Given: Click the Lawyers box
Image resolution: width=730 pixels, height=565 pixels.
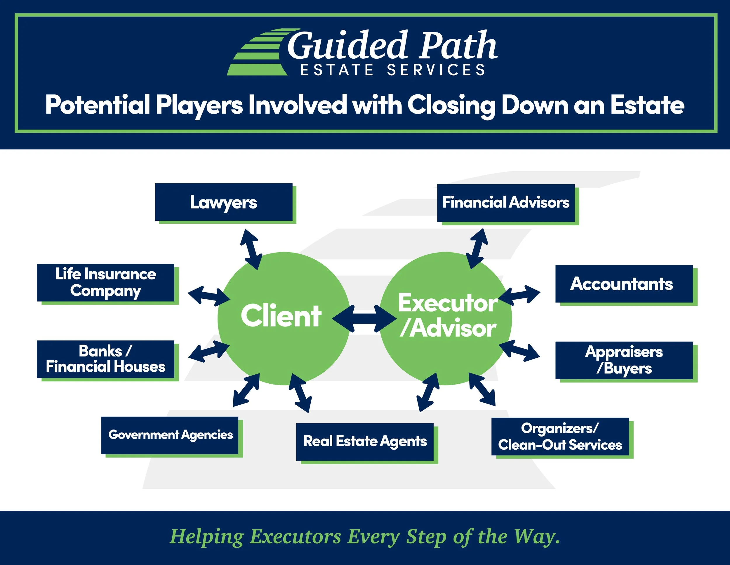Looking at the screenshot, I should pos(223,202).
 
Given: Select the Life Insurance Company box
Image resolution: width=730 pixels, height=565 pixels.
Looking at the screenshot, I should pos(106,283).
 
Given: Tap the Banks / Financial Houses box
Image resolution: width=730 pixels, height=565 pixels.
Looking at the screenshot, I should pos(106,359).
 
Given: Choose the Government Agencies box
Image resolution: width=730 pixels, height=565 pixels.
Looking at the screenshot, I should pos(170,435).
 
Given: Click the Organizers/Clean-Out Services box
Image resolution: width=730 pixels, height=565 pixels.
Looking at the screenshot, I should pos(560,436).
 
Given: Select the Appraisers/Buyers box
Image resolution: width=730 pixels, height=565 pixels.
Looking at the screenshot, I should pos(624,360).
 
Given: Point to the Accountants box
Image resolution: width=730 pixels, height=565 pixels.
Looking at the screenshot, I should pos(624,284).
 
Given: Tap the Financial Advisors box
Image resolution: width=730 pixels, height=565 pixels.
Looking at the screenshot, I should pos(506,203).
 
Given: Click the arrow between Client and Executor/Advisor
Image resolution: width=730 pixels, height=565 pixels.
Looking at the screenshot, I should pos(365,319).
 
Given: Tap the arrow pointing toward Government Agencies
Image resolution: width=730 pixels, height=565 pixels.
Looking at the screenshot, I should pos(246,390).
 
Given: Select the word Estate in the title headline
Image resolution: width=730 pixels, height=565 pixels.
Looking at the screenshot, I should pos(647,105).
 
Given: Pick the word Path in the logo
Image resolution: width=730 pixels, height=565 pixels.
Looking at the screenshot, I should pos(458,45).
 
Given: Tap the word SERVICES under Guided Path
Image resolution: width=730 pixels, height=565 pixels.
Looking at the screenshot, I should pos(436,70).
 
